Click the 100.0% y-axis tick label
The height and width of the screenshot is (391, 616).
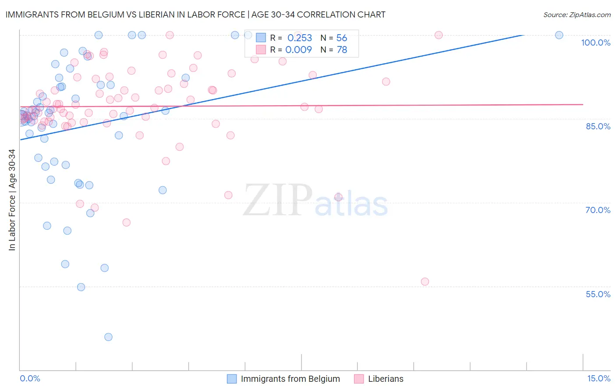595,43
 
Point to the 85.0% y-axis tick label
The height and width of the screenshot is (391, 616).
598,126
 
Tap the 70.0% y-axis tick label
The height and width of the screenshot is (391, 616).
598,210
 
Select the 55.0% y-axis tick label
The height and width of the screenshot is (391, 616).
598,294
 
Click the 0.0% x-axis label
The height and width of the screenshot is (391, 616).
30,378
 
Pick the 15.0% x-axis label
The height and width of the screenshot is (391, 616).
598,378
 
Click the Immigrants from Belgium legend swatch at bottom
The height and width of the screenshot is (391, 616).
232,379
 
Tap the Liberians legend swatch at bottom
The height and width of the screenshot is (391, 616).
359,379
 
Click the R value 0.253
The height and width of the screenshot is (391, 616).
300,38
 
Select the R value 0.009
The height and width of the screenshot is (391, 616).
298,50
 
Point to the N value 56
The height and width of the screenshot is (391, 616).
342,38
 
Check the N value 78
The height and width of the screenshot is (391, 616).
342,50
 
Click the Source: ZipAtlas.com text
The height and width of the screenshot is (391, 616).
577,15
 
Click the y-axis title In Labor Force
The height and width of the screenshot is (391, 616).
12,200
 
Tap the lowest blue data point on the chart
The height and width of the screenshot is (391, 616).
108,337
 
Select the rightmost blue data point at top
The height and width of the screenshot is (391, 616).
559,35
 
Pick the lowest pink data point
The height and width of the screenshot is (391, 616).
425,281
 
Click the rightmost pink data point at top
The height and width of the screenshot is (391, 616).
438,35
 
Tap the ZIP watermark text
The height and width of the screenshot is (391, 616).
278,200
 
